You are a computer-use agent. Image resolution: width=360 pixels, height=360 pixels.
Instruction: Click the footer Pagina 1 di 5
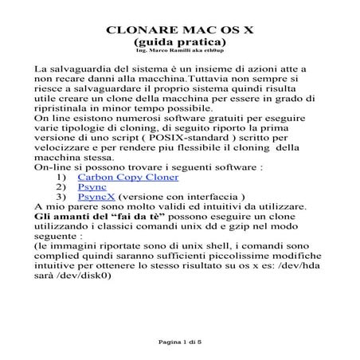(x=179, y=340)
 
